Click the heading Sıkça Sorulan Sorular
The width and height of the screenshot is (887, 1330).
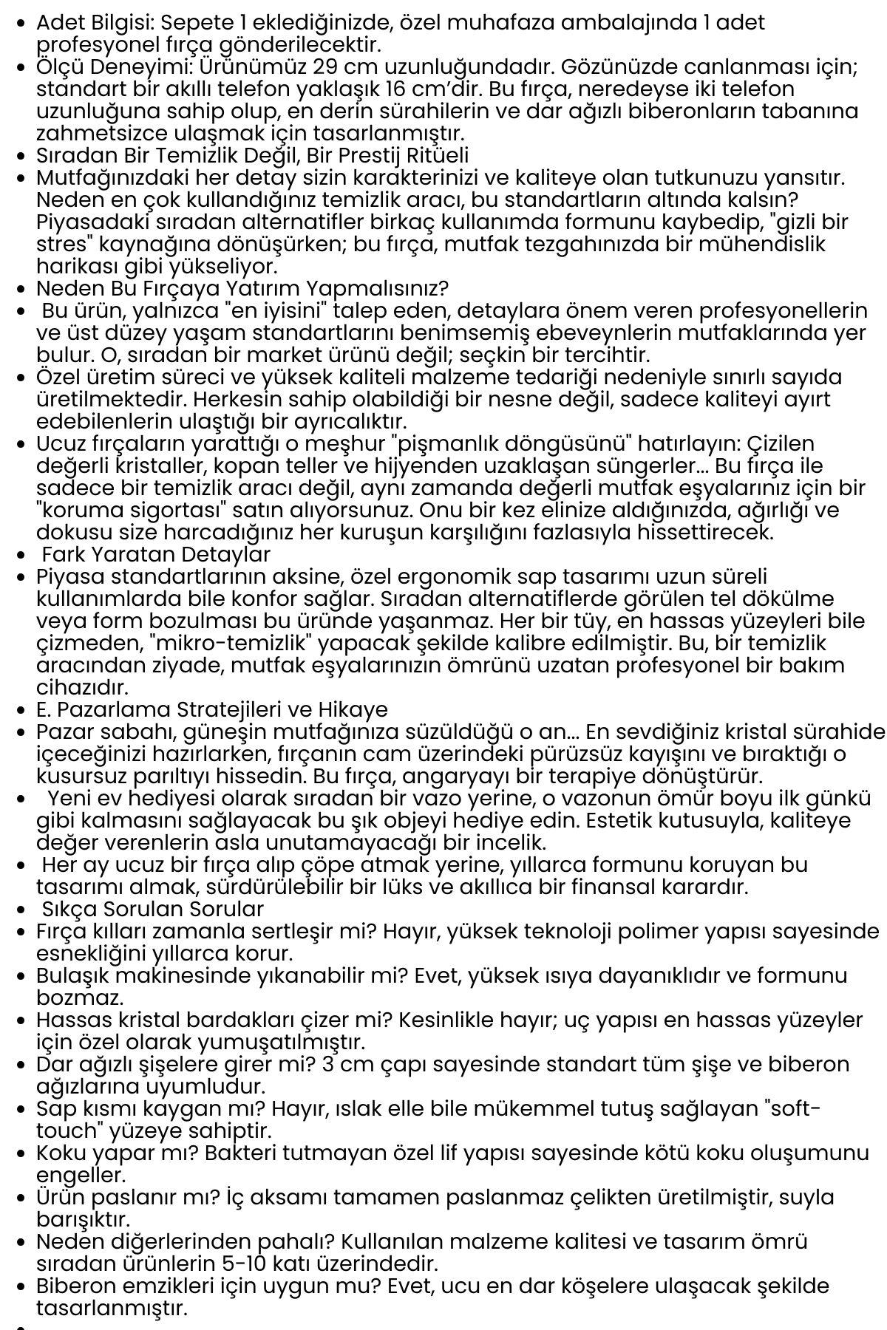[153, 909]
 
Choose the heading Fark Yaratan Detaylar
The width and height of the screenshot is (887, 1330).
[156, 554]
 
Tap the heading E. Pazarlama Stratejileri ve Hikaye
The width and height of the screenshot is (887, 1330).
[212, 709]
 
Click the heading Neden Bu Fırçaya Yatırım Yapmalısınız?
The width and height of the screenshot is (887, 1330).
[242, 288]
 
